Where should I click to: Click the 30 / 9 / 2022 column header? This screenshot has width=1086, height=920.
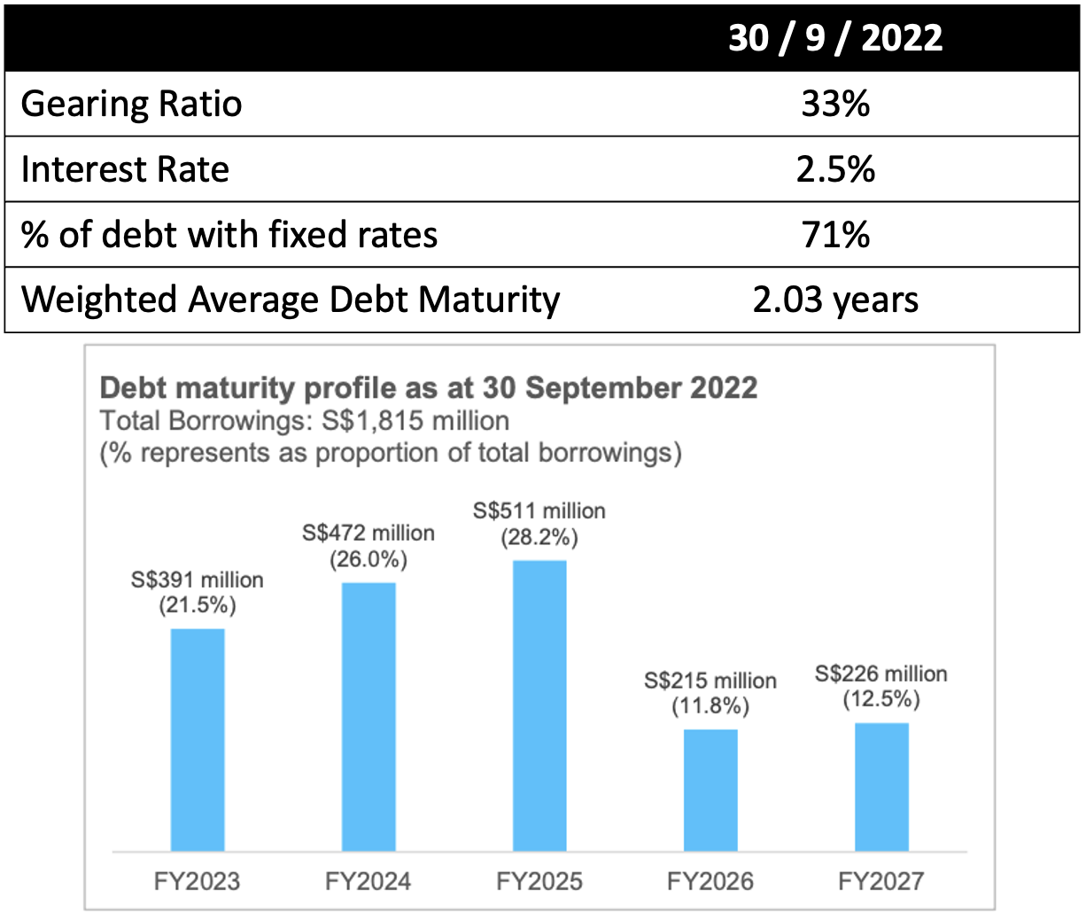pyautogui.click(x=835, y=38)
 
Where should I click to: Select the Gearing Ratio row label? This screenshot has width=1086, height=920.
pyautogui.click(x=131, y=104)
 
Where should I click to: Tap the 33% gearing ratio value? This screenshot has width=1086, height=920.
pyautogui.click(x=835, y=104)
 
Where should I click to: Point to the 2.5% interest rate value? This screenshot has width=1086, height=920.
pyautogui.click(x=835, y=169)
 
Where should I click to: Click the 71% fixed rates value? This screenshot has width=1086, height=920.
pyautogui.click(x=835, y=235)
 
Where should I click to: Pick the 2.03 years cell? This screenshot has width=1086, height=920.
pyautogui.click(x=835, y=300)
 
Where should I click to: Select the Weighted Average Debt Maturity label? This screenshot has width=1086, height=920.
pyautogui.click(x=291, y=300)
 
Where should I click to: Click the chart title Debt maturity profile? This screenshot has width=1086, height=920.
pyautogui.click(x=429, y=388)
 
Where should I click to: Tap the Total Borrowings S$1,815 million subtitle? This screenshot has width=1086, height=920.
pyautogui.click(x=305, y=420)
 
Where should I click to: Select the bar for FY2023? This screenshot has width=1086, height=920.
pyautogui.click(x=198, y=740)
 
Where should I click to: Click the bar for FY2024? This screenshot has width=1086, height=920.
pyautogui.click(x=368, y=717)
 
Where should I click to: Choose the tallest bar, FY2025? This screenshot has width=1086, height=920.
pyautogui.click(x=539, y=706)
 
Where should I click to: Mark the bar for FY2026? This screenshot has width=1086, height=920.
pyautogui.click(x=710, y=790)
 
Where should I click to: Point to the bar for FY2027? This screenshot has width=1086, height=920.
pyautogui.click(x=881, y=787)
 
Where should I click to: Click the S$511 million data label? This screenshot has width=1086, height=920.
pyautogui.click(x=539, y=511)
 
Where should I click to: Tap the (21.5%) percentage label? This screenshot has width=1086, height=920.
pyautogui.click(x=198, y=606)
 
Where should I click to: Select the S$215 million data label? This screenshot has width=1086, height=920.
pyautogui.click(x=710, y=681)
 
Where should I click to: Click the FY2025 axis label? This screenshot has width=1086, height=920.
pyautogui.click(x=539, y=881)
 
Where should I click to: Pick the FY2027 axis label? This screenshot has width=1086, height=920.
pyautogui.click(x=881, y=881)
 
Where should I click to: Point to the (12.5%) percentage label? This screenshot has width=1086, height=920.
pyautogui.click(x=881, y=699)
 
